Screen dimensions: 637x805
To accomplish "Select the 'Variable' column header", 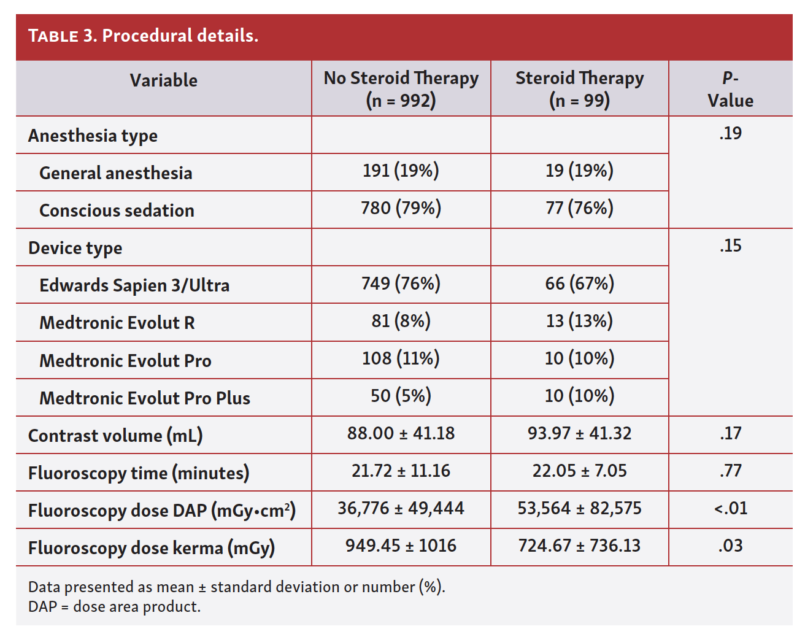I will [163, 80].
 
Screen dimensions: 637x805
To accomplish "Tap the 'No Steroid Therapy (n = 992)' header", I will [401, 89].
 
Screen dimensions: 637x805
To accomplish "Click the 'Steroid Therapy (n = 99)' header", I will [579, 89].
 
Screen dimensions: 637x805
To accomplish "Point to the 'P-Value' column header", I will [730, 89].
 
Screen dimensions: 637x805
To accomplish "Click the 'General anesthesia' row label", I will [115, 173].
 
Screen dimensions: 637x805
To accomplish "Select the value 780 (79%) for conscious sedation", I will [401, 209].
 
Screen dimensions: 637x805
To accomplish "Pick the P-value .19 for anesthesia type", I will [730, 133].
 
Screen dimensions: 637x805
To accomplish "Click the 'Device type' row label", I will [75, 248].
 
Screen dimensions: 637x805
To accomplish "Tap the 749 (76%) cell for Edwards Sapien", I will [401, 284].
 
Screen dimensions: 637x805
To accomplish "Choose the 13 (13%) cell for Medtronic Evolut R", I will [579, 321].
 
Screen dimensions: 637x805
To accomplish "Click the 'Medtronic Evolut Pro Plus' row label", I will [145, 398].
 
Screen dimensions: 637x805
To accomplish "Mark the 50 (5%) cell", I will [401, 396].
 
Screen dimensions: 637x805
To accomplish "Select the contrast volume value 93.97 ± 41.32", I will [579, 434].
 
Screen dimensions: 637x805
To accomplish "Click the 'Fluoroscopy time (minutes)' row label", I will [139, 473].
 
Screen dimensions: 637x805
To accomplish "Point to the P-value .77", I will [730, 471].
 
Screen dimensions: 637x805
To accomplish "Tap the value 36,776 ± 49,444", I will [401, 509].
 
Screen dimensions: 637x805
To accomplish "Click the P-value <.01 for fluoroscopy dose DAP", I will [730, 509].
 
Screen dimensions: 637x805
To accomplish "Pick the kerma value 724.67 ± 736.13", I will [579, 546].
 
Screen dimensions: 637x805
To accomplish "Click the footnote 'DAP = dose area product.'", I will [114, 607].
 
